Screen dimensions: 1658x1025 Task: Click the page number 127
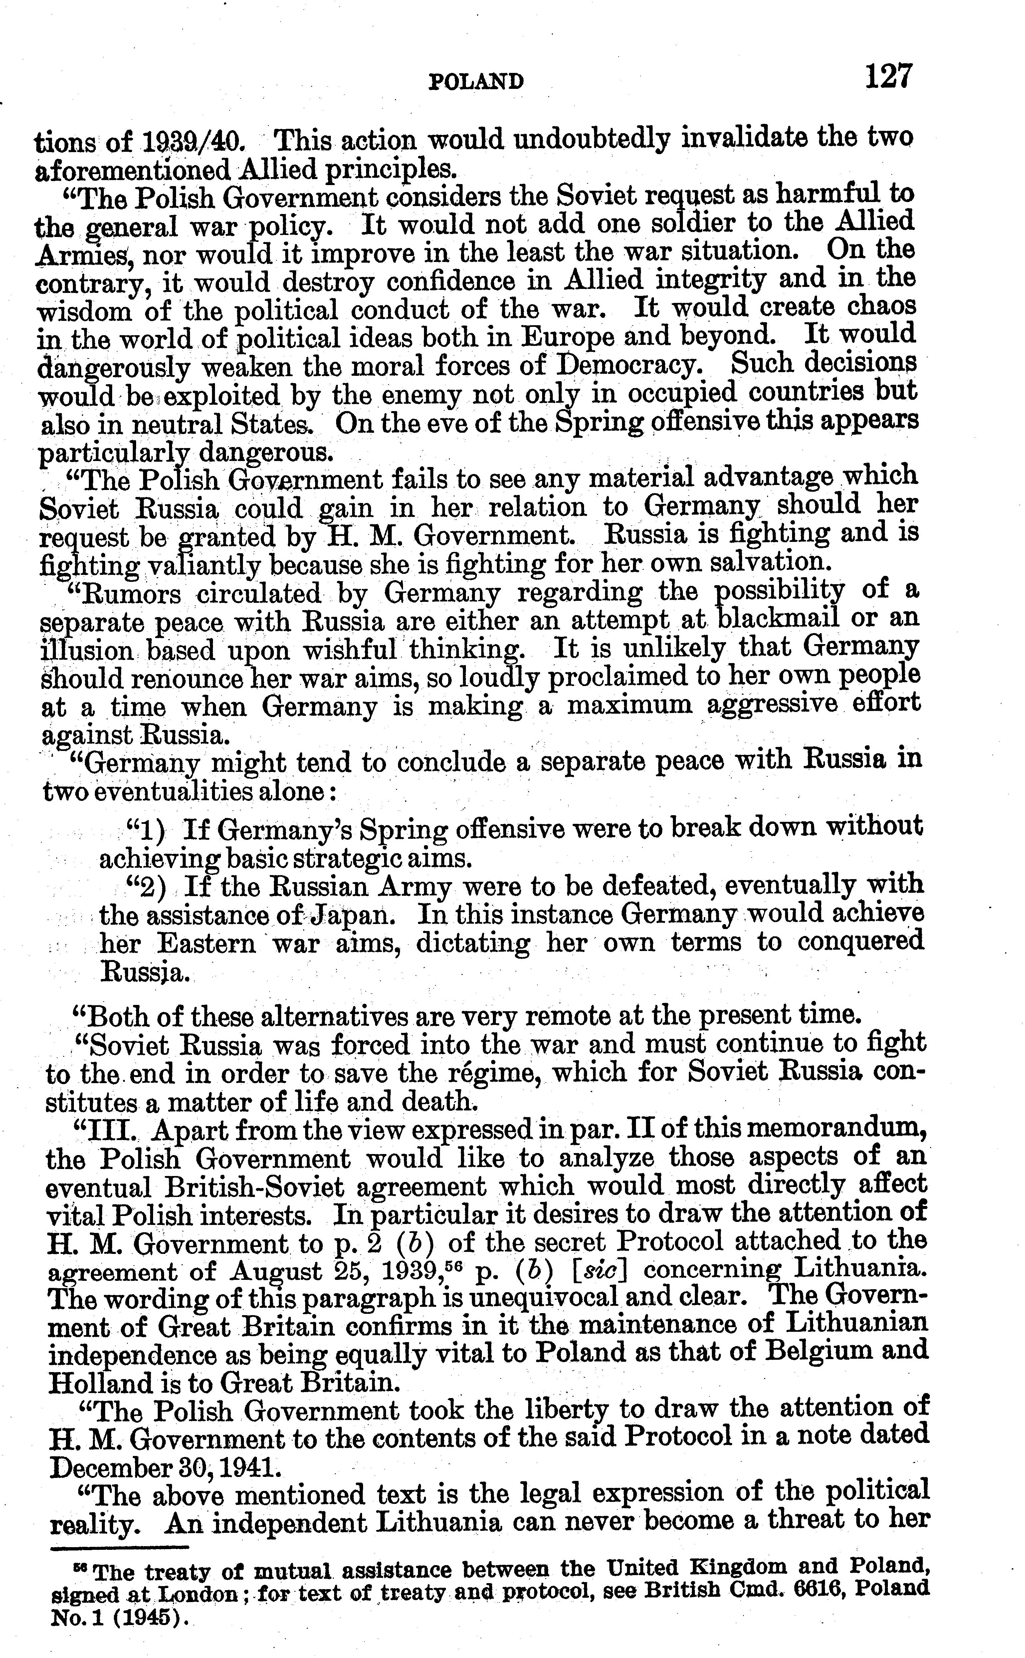(x=888, y=77)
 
